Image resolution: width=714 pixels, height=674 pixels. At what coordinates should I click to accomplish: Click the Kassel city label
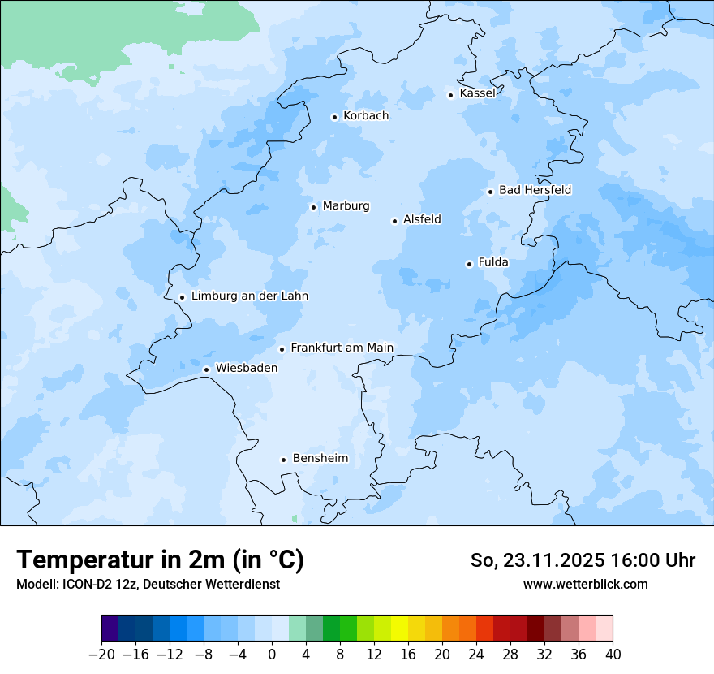pyautogui.click(x=477, y=93)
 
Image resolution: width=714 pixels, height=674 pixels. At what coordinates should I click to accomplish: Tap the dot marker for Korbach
pyautogui.click(x=334, y=117)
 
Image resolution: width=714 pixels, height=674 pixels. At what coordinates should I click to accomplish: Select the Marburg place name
pyautogui.click(x=346, y=206)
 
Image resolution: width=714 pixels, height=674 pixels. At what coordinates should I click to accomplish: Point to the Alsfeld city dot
pyautogui.click(x=394, y=221)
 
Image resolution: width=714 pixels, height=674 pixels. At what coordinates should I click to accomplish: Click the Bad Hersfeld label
pyautogui.click(x=535, y=190)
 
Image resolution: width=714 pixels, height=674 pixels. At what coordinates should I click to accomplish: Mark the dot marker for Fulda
pyautogui.click(x=469, y=264)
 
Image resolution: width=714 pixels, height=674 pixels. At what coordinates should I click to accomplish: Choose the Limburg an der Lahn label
pyautogui.click(x=249, y=296)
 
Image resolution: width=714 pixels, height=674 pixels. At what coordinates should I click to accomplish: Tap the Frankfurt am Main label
pyautogui.click(x=342, y=348)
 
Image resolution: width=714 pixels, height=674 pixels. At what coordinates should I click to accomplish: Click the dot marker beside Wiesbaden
pyautogui.click(x=206, y=369)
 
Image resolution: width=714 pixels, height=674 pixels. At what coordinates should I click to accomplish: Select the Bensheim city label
pyautogui.click(x=320, y=459)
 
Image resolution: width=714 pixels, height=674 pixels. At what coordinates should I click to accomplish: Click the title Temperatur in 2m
pyautogui.click(x=160, y=560)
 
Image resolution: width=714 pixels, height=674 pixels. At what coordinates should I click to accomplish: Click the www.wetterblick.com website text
pyautogui.click(x=585, y=584)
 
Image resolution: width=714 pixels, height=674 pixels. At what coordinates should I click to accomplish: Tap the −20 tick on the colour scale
pyautogui.click(x=102, y=655)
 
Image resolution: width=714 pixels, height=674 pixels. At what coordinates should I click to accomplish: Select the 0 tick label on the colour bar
pyautogui.click(x=272, y=655)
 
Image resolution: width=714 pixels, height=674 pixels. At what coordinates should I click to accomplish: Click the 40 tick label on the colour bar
pyautogui.click(x=613, y=655)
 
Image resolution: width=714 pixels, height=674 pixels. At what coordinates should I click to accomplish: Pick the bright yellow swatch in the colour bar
pyautogui.click(x=399, y=629)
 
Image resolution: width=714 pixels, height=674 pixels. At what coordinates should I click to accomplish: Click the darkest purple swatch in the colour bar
pyautogui.click(x=110, y=629)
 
